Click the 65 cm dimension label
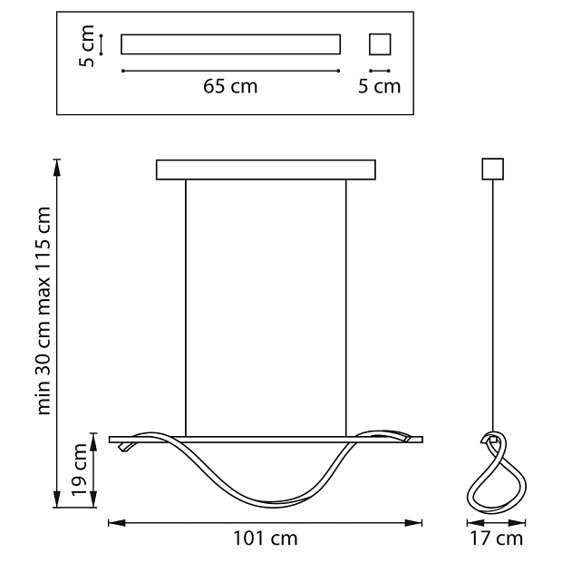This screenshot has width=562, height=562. click(230, 86)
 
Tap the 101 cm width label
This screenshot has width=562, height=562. click(266, 538)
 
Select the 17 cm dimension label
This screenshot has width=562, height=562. click(497, 538)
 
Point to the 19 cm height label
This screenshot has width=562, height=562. click(79, 470)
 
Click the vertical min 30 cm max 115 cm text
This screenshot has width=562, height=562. click(44, 311)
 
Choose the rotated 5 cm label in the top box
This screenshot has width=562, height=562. click(86, 46)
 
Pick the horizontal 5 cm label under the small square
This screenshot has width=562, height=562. click(379, 86)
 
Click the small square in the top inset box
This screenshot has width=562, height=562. click(380, 44)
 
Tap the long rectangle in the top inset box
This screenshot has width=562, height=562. click(230, 44)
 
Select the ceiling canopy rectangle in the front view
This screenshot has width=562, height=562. click(266, 170)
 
